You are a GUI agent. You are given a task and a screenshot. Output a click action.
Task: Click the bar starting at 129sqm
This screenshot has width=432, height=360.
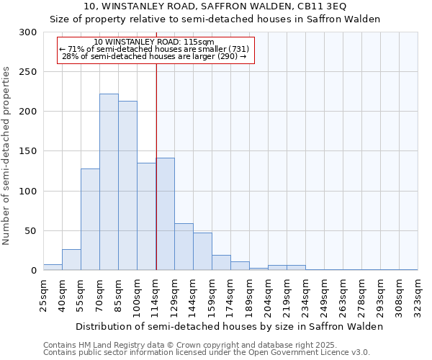pos(184,247)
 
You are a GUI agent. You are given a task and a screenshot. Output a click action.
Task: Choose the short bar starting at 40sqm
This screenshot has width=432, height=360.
pos(71,260)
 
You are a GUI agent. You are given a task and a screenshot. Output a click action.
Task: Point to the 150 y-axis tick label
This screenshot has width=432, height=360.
pos(28,151)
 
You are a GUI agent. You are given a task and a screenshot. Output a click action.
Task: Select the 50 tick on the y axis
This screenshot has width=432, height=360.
pos(31,231)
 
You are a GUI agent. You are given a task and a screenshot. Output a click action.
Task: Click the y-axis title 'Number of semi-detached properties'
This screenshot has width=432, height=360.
pos(7,156)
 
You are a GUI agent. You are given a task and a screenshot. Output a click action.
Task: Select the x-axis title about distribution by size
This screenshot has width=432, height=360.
pos(230,326)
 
